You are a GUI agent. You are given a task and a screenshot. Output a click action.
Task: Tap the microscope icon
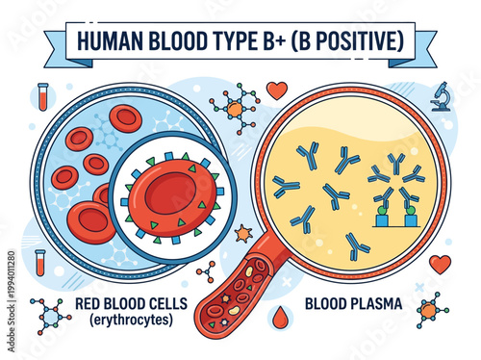coord(442,96)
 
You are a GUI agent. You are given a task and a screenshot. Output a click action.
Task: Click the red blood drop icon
coord(281,315)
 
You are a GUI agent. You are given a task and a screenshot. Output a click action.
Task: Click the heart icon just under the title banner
coord(277,90)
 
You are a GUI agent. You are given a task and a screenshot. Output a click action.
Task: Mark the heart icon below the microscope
coord(440,263)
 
